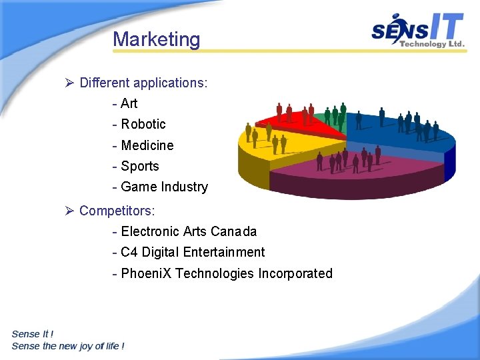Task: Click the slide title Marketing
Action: (156, 39)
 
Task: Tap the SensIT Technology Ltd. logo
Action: (418, 31)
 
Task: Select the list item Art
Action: (129, 103)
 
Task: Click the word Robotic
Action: (143, 124)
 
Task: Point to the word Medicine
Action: (147, 145)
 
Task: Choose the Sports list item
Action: (140, 166)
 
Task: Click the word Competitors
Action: (117, 211)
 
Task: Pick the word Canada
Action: (233, 232)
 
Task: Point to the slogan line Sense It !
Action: (33, 334)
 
